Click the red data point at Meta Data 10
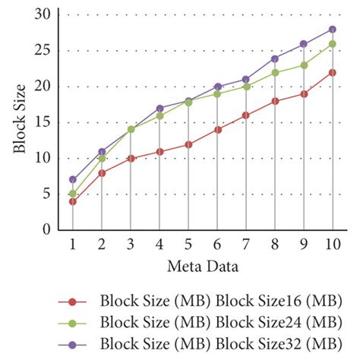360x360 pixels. click(333, 72)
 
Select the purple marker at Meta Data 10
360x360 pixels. click(333, 29)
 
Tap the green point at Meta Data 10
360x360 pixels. click(333, 43)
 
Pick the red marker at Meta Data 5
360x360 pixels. click(188, 144)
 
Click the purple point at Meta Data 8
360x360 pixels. click(275, 58)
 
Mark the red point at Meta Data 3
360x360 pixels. click(131, 158)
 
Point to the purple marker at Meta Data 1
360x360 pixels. click(73, 180)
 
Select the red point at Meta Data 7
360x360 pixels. click(246, 115)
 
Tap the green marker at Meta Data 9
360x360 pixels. click(304, 65)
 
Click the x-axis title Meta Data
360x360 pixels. click(202, 267)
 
